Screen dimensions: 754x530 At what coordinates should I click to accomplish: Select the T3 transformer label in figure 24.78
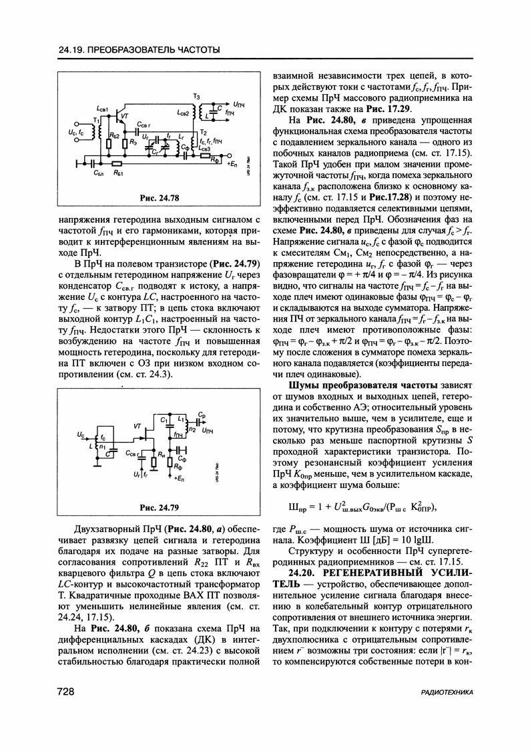click(196, 97)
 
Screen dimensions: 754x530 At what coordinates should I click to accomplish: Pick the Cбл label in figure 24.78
click(97, 172)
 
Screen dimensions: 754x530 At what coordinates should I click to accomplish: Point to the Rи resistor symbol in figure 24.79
click(154, 462)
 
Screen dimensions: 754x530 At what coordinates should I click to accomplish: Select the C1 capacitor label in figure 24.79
click(164, 419)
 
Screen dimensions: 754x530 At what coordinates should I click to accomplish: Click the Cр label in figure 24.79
click(202, 415)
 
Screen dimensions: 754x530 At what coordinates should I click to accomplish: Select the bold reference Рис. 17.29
click(390, 109)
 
